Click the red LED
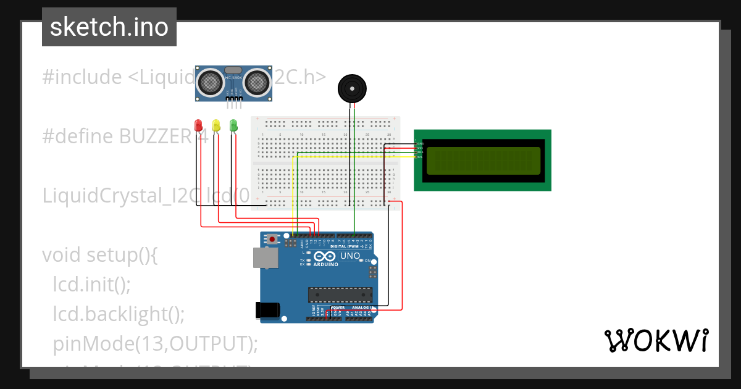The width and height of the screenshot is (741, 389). coord(198,125)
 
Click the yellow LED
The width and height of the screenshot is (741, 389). coord(216,125)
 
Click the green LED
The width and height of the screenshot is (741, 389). coord(233,125)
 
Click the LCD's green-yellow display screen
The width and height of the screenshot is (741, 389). coord(483,160)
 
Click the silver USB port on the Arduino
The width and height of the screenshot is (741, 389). coord(264,257)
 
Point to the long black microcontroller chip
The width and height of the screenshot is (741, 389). coord(340,296)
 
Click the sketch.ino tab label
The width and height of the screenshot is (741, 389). coord(109,27)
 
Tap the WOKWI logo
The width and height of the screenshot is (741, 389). coord(656,340)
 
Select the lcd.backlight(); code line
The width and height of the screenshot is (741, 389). coord(119,314)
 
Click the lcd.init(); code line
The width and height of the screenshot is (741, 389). coord(92,285)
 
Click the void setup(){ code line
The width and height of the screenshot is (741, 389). coord(100,255)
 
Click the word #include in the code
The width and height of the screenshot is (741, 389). coord(82,77)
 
